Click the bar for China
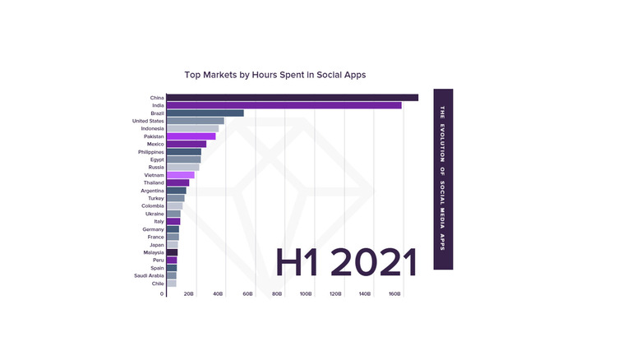[292, 98]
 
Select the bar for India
[284, 105]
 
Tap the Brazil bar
[205, 113]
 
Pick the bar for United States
[195, 121]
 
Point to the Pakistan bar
[191, 136]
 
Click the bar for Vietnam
[180, 175]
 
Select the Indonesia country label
[152, 129]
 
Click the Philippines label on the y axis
[151, 152]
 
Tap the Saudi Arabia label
[150, 275]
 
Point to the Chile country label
[157, 284]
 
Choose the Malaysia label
[153, 252]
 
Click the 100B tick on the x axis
[306, 293]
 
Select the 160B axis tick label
[394, 293]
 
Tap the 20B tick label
[188, 293]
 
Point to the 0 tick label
[162, 293]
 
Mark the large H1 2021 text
[346, 261]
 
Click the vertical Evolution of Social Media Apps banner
[443, 178]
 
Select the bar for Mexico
[187, 144]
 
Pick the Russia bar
[182, 167]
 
